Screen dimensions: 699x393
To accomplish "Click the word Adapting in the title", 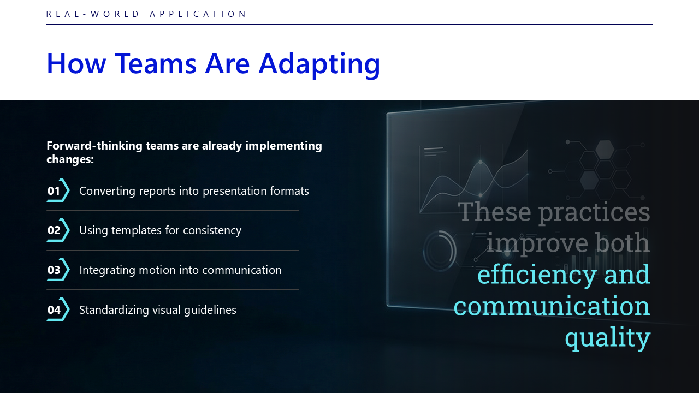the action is click(319, 64).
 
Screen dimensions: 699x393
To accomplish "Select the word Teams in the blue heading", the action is click(156, 64).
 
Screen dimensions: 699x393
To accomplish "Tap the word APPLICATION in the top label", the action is click(198, 14).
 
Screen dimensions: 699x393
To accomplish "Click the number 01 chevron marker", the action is click(58, 190).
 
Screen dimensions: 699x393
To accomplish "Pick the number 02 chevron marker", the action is click(58, 230).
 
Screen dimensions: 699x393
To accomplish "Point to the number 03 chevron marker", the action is click(58, 270).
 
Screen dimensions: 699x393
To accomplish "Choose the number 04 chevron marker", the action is click(58, 309).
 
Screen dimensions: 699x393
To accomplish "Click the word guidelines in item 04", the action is click(210, 311).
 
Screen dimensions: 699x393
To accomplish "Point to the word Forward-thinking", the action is click(94, 146).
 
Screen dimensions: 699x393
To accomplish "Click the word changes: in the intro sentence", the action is click(70, 159).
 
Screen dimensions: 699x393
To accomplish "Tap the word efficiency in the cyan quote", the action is click(537, 275).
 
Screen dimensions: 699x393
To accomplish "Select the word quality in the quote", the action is click(608, 338).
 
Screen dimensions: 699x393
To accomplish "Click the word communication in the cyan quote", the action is click(552, 306).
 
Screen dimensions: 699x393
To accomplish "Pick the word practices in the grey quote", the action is click(594, 212).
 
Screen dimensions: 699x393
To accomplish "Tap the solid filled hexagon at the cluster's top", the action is click(605, 150).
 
